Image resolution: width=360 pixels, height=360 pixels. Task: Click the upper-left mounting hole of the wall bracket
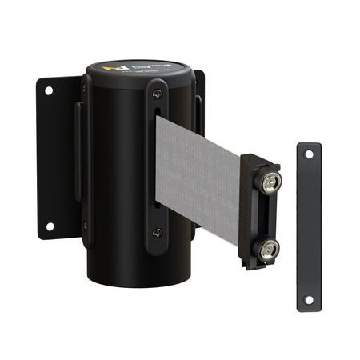[x=48, y=91]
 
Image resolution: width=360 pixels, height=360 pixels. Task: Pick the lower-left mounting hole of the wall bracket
[x=48, y=226]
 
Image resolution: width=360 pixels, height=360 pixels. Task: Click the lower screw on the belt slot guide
[x=157, y=233]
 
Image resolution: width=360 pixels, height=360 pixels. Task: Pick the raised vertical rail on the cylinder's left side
[x=83, y=160]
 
